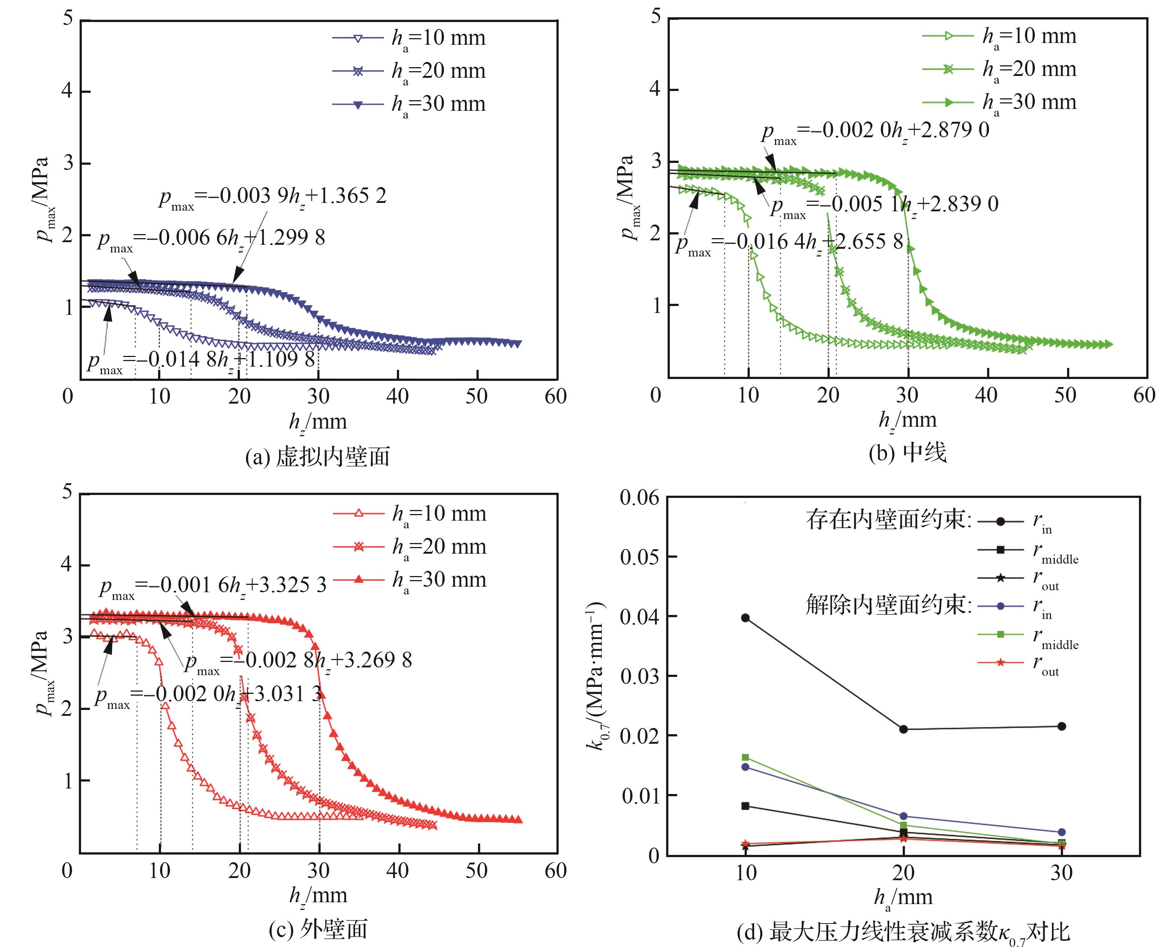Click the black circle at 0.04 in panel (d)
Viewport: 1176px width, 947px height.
click(x=745, y=618)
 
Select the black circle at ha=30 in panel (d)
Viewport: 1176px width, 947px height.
click(x=1062, y=726)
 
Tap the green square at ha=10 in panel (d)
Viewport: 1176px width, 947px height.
click(x=745, y=757)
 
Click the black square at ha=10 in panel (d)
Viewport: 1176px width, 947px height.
click(x=745, y=806)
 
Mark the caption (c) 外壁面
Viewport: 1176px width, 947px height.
click(x=318, y=929)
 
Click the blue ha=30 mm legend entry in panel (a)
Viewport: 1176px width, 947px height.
click(x=409, y=104)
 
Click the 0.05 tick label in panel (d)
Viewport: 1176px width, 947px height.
click(x=639, y=557)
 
